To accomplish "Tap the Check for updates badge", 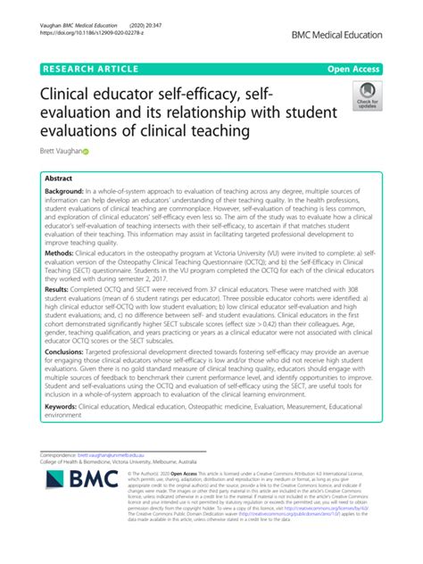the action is [368, 95].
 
